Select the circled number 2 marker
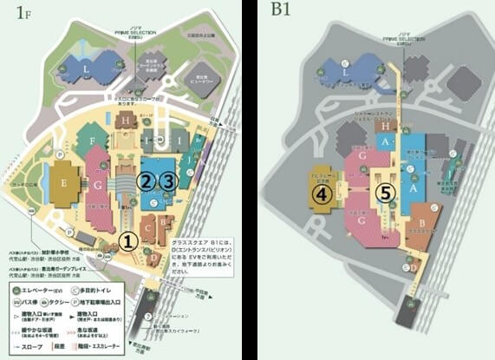click(x=147, y=180)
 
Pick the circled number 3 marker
click(x=170, y=180)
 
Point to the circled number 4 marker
click(x=324, y=193)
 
